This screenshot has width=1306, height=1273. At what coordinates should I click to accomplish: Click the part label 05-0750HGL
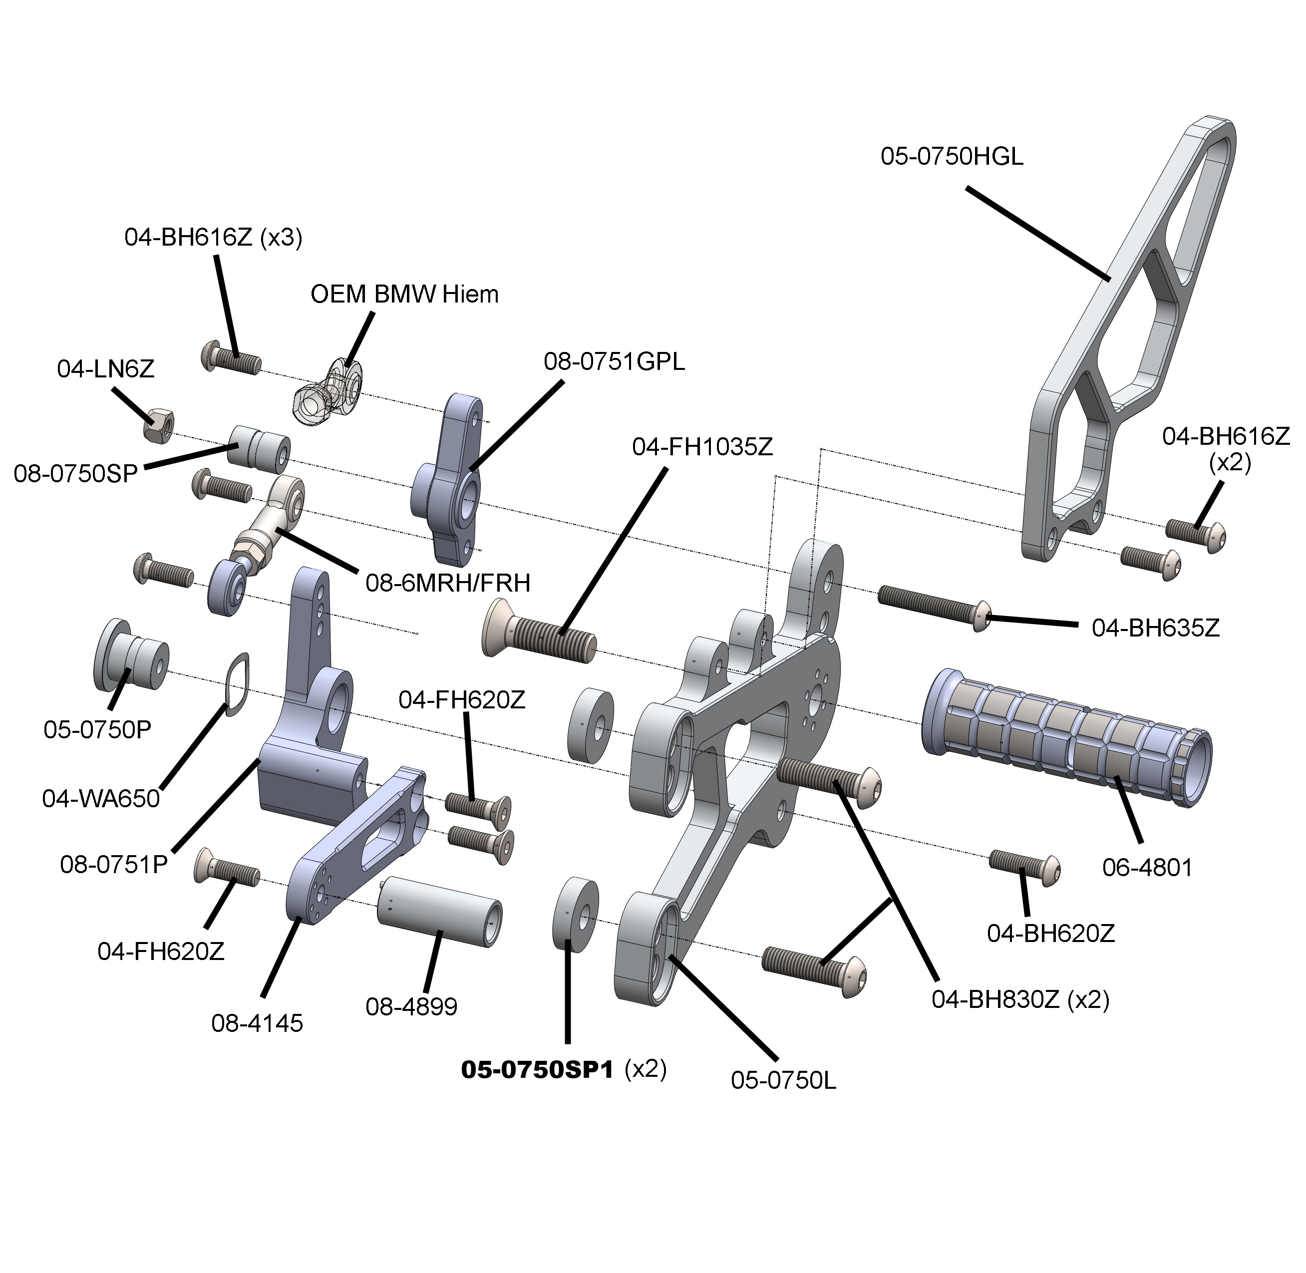[952, 157]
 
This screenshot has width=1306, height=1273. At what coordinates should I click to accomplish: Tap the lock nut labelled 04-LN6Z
[160, 424]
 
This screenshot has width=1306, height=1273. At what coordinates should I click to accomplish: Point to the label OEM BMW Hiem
[404, 294]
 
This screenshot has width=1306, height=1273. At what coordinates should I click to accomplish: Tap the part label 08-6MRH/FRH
[447, 584]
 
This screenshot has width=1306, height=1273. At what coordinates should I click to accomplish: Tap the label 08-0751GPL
[614, 362]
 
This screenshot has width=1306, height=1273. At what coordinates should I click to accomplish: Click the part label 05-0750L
[783, 1080]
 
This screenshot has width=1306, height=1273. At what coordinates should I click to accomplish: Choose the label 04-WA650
[101, 798]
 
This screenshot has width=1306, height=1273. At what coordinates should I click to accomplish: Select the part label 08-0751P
[114, 865]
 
